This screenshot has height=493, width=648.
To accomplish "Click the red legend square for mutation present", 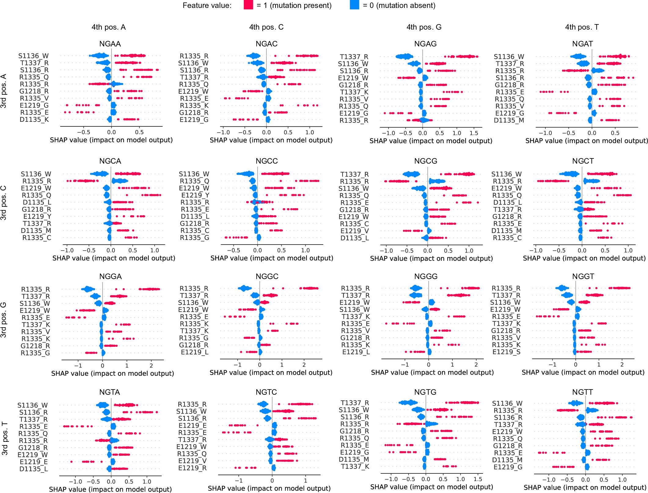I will (248, 5).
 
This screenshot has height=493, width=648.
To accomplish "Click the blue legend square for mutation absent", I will (354, 5).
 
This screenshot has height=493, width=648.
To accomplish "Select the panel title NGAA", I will (110, 44).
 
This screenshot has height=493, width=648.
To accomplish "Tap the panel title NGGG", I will (426, 276).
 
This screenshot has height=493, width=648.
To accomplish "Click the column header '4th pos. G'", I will (424, 27).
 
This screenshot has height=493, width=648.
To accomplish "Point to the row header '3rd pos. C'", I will (4, 203).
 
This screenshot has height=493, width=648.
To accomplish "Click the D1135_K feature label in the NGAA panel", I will (34, 120).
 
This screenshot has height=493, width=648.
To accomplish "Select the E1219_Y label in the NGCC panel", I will (195, 195).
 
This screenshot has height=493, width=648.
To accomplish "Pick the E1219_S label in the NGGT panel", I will (506, 352).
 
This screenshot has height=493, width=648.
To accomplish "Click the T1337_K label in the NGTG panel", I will (355, 466).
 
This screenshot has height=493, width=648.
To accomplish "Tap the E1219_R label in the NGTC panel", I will (192, 468).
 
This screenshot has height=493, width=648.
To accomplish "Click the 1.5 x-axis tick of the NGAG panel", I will (474, 133).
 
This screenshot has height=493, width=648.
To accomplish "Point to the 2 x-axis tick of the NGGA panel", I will (151, 365).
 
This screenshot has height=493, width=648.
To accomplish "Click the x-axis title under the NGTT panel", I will (585, 488).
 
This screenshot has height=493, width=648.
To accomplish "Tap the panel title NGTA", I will (110, 392).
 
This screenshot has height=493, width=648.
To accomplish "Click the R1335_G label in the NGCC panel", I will (194, 237).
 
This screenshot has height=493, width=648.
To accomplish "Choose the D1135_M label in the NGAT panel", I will (509, 120).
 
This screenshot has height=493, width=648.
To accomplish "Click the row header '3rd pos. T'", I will (4, 439).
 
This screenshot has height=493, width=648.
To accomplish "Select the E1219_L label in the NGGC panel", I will (195, 352).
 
